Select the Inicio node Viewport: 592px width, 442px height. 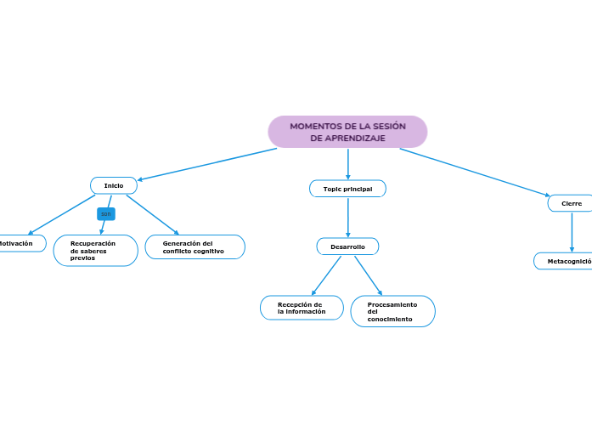coord(114,185)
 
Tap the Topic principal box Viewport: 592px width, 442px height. coord(347,188)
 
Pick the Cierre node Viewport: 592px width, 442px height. coord(572,204)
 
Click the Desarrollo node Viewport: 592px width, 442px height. coord(347,246)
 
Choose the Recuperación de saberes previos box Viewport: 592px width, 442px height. coord(95,251)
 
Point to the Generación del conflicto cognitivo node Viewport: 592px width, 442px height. coord(195,247)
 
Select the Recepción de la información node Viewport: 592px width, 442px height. coord(302,308)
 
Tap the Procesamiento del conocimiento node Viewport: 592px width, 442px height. coord(392,311)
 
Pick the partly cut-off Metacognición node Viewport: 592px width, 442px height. coord(566,261)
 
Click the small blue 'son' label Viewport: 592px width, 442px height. coord(106,213)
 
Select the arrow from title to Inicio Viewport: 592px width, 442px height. coord(208,164)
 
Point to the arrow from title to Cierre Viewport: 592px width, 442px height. coord(476,173)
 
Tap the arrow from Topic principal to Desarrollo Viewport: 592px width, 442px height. coord(348,218)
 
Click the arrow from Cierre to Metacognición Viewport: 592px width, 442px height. coord(572,231)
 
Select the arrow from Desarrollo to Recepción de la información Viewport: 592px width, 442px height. coord(327,275)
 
